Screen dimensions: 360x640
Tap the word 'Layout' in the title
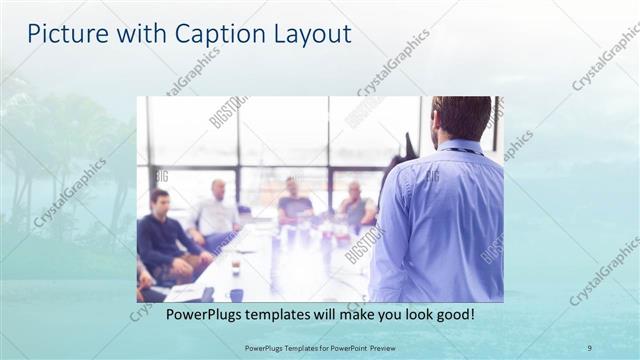coord(312,34)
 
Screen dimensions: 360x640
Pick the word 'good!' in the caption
coord(452,315)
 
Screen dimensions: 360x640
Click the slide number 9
coord(589,347)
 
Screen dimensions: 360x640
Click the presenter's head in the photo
coord(462,118)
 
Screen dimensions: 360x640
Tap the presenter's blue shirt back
coord(440,220)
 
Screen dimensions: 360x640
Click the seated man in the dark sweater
coord(165,235)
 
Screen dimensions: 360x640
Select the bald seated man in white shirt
coord(215,215)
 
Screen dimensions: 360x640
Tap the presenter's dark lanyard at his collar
coord(463,151)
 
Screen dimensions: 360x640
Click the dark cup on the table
coord(237,294)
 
